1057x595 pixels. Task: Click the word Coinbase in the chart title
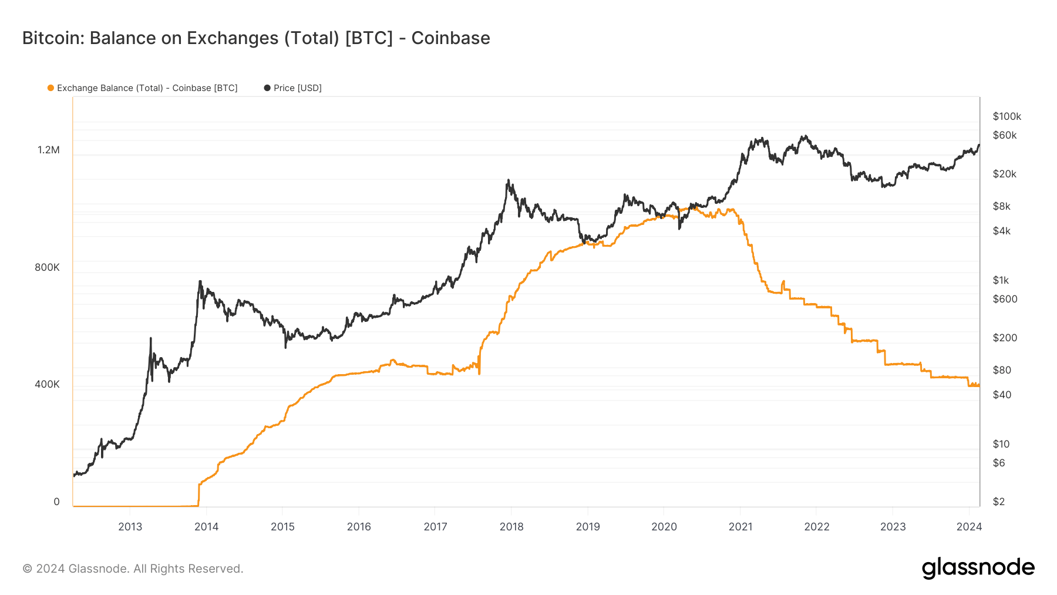click(450, 38)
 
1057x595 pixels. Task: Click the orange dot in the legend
click(51, 88)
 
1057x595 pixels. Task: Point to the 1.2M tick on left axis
click(49, 150)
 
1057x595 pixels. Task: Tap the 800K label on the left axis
click(47, 267)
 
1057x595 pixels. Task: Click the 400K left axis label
click(47, 384)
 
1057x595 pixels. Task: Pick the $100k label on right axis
click(1006, 116)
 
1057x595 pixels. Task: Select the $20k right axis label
click(1004, 174)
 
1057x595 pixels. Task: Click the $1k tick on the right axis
click(1001, 280)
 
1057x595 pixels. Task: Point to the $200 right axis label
click(1005, 338)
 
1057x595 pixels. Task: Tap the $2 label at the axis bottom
click(998, 502)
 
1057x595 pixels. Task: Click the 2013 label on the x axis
click(130, 527)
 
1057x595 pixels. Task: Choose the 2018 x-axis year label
click(511, 527)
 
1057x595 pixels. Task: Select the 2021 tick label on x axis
click(740, 527)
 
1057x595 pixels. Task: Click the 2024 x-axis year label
click(969, 527)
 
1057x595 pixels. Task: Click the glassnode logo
click(978, 568)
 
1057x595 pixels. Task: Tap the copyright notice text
click(133, 569)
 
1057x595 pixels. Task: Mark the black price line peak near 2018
click(508, 181)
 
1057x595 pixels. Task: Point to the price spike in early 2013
click(151, 339)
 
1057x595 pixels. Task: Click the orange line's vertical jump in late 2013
click(199, 493)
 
